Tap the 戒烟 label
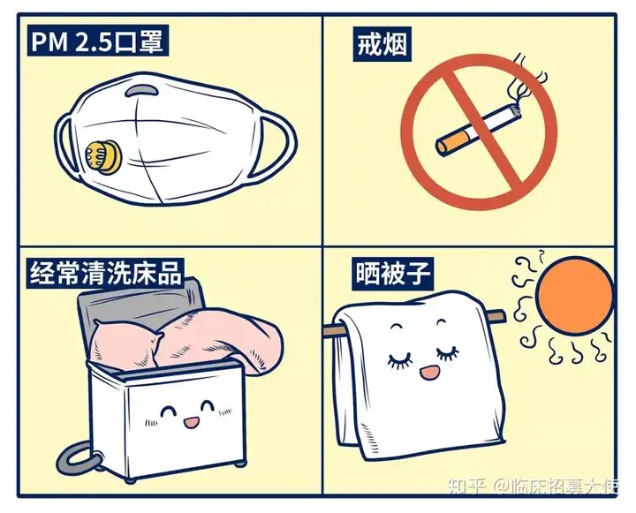382,45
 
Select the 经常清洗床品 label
105,274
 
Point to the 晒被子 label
393,274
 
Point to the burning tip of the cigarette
516,110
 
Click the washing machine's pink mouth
192,422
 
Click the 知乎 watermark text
466,486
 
